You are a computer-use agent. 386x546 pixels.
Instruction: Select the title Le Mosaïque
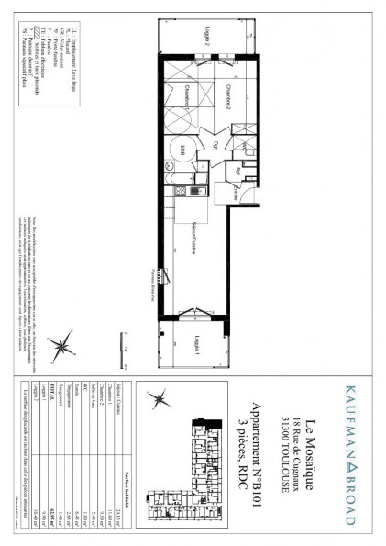point(311,453)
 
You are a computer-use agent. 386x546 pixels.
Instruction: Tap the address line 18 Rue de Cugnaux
point(296,453)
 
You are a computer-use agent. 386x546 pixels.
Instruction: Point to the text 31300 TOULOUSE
point(283,453)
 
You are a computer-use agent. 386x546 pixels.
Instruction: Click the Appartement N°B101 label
point(266,453)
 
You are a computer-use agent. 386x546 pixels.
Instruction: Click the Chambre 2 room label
point(228,102)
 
